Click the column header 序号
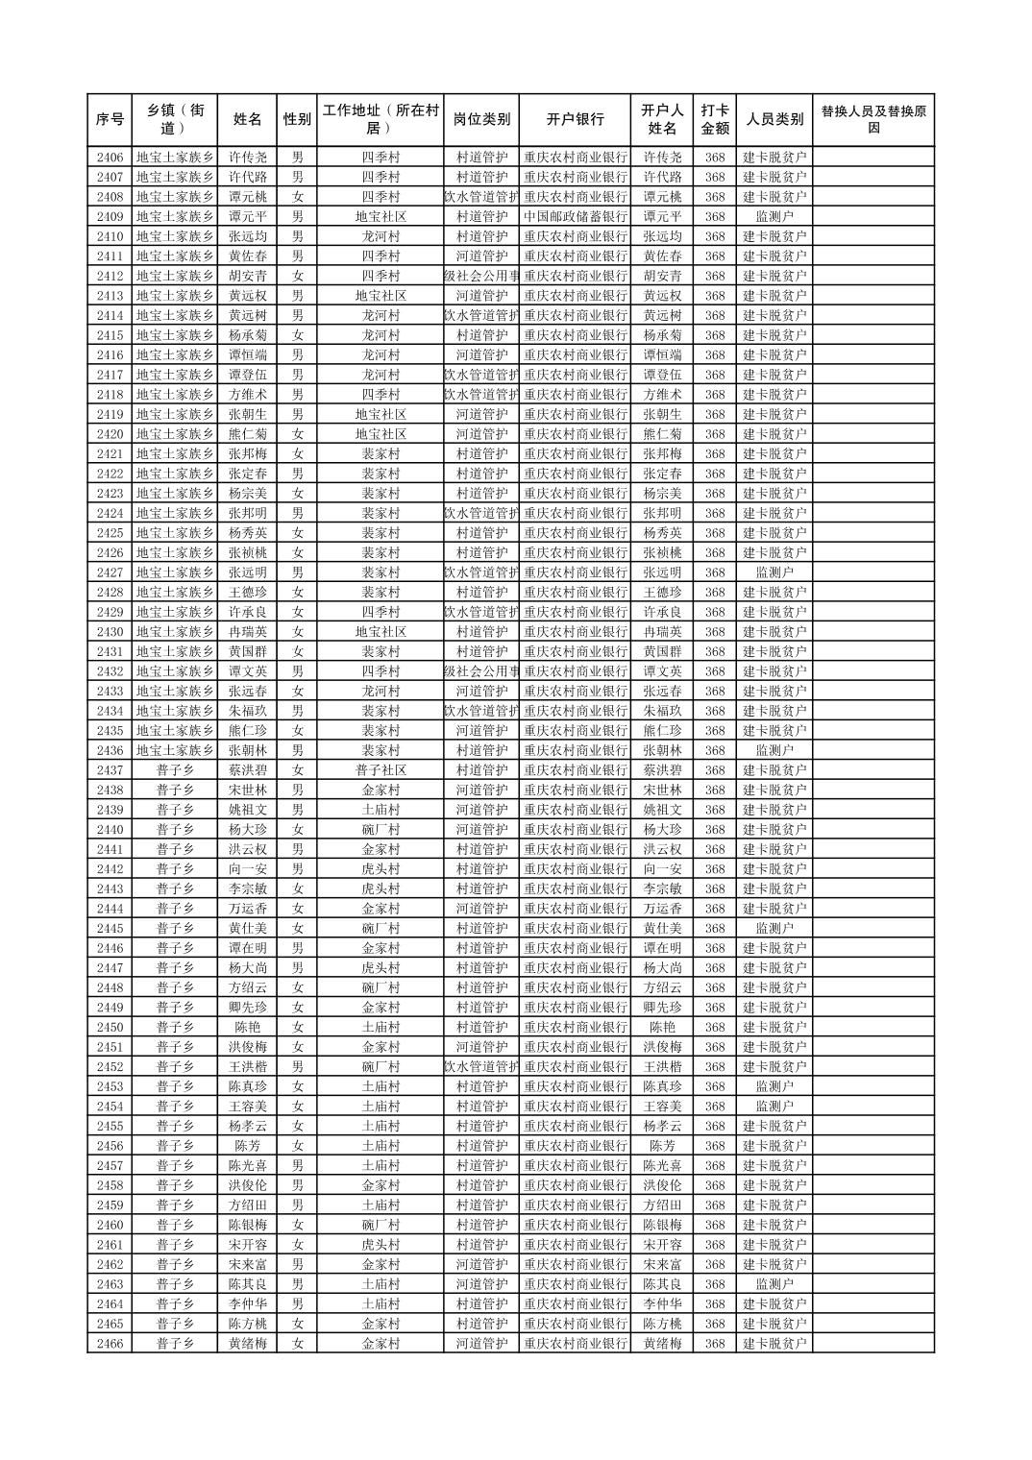(x=110, y=120)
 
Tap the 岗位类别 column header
(x=481, y=120)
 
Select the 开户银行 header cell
(x=575, y=120)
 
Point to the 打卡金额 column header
(x=714, y=120)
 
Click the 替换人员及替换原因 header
(x=872, y=120)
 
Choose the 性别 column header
(x=297, y=120)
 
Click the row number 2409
(x=110, y=217)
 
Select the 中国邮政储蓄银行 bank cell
(x=575, y=217)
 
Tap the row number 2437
(x=110, y=770)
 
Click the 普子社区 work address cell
(x=381, y=770)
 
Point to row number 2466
(x=110, y=1344)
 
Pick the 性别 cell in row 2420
(x=297, y=434)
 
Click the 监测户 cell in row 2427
(x=774, y=572)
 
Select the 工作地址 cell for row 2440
(x=381, y=830)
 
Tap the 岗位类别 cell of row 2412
(x=481, y=276)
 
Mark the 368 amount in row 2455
(x=714, y=1126)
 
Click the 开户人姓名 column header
(x=662, y=120)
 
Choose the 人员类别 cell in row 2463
(x=774, y=1284)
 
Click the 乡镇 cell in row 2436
(x=175, y=750)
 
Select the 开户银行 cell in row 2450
(x=575, y=1027)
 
